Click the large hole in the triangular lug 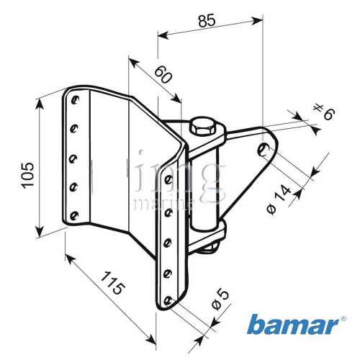tap(264, 150)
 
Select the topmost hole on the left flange tap(73, 97)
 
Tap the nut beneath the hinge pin tap(210, 248)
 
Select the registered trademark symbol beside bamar tap(343, 318)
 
